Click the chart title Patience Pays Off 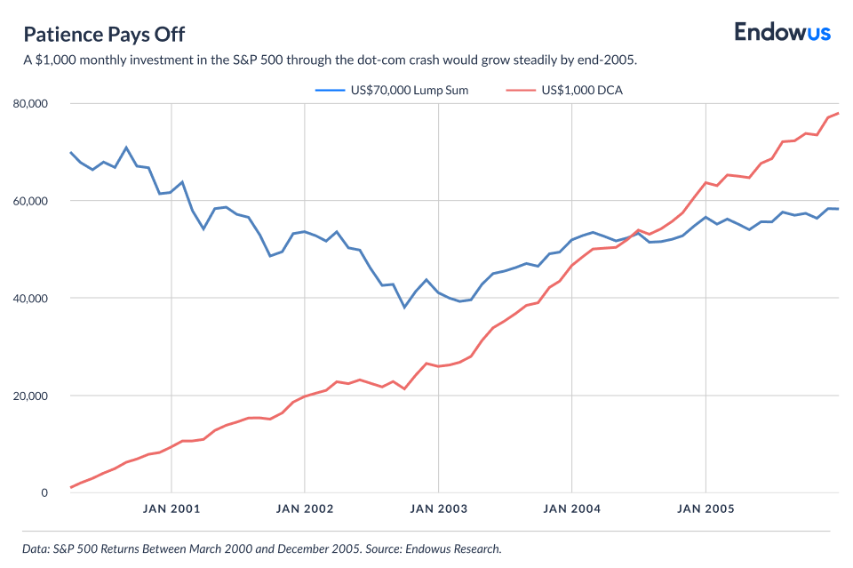104,34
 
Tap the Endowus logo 782,33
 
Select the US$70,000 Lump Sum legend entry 392,90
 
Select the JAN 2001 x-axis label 171,509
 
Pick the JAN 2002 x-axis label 305,509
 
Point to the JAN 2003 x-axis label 438,509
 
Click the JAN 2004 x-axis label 572,509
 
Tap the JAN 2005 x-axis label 706,509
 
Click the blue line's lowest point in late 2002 404,308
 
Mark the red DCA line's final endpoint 839,113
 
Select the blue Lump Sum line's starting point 70,152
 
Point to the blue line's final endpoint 839,209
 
